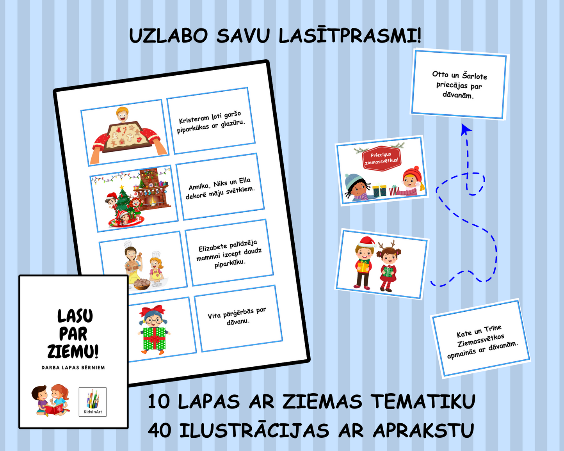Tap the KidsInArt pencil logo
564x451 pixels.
tap(93, 402)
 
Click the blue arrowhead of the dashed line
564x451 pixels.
tap(466, 130)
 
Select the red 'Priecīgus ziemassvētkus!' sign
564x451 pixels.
tap(382, 158)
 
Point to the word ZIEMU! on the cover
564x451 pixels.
tap(73, 351)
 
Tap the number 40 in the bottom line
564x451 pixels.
tap(160, 431)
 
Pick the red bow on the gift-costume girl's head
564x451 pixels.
tap(152, 311)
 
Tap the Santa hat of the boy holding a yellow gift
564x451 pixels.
tap(367, 241)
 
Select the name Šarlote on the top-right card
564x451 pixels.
tap(475, 76)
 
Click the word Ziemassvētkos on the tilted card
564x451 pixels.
tap(480, 340)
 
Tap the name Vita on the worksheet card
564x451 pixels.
tap(215, 315)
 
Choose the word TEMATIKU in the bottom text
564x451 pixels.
tap(423, 401)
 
